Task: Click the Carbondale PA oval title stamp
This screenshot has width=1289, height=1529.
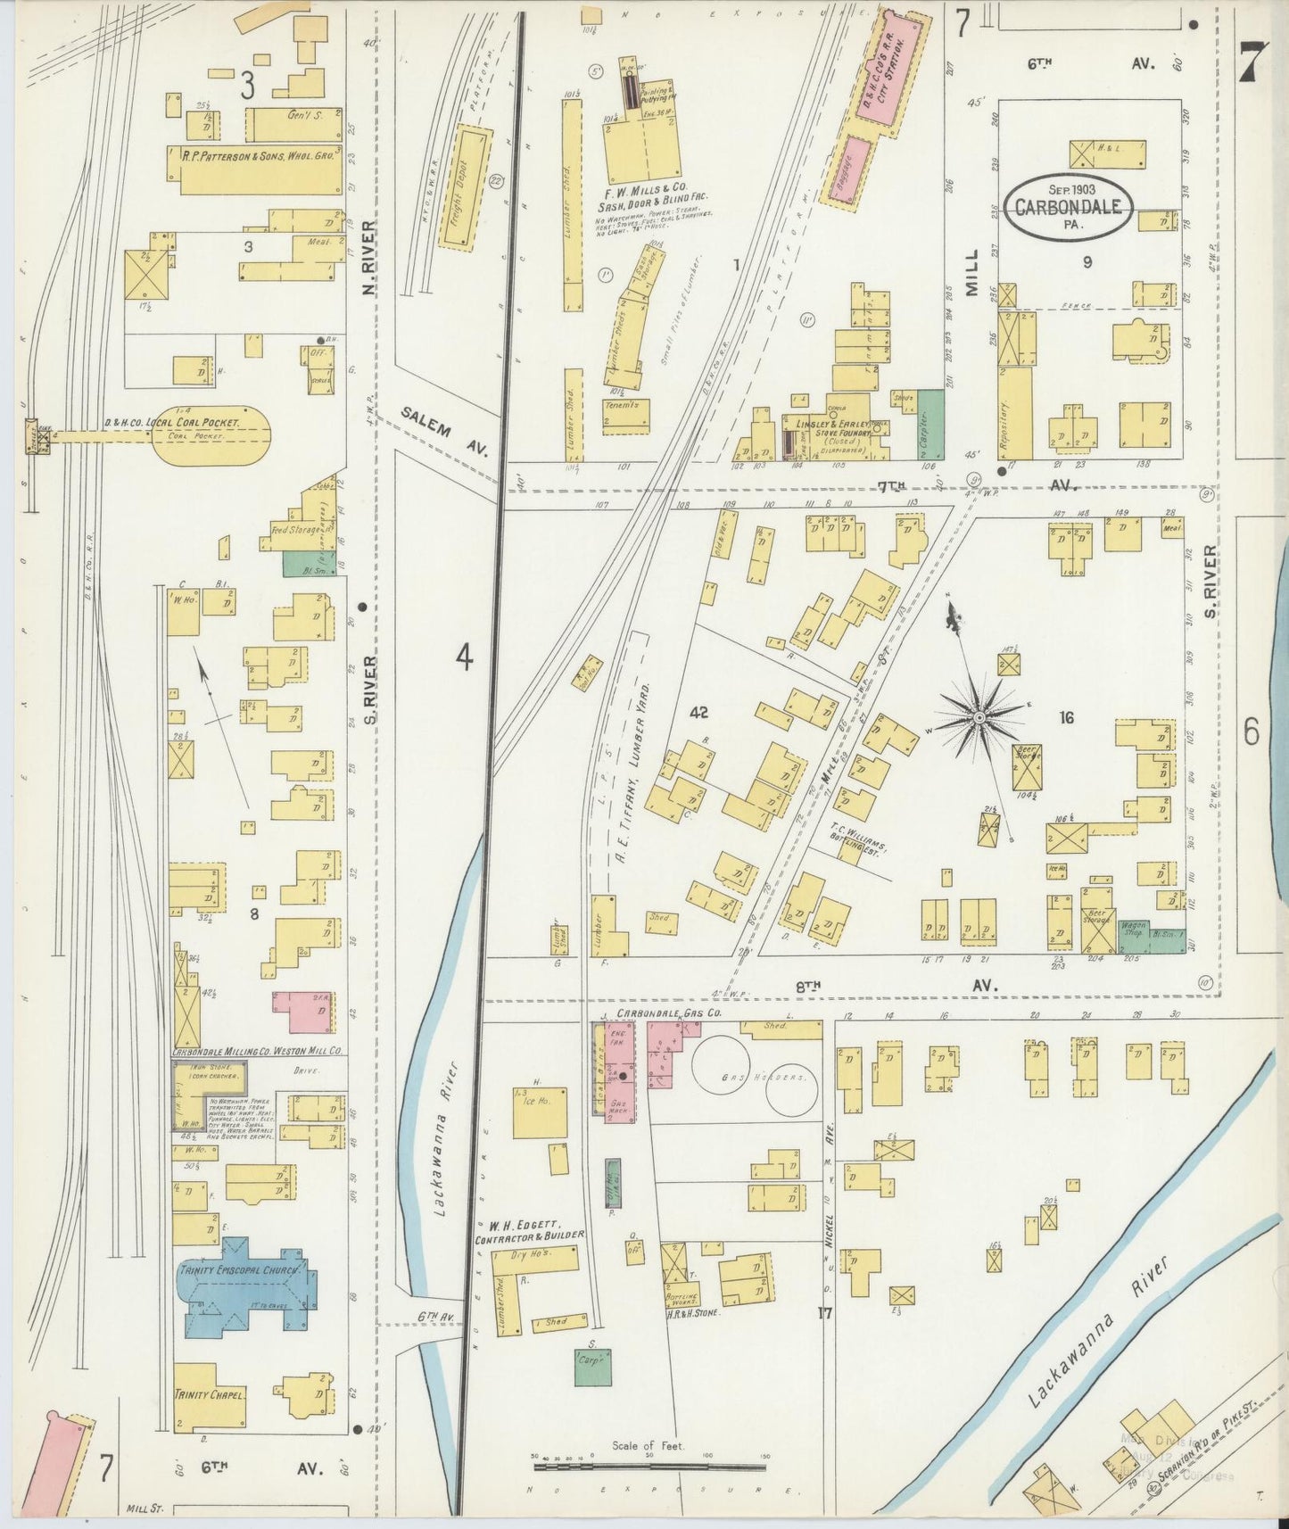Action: [x=1073, y=207]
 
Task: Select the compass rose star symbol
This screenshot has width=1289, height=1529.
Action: [x=979, y=716]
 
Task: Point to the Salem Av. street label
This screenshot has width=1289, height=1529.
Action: [x=444, y=431]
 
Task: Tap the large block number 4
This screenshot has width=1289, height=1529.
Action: [x=463, y=657]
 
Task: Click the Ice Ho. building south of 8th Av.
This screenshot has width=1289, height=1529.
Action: [x=540, y=1112]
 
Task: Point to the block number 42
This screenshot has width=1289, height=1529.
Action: [x=698, y=712]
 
